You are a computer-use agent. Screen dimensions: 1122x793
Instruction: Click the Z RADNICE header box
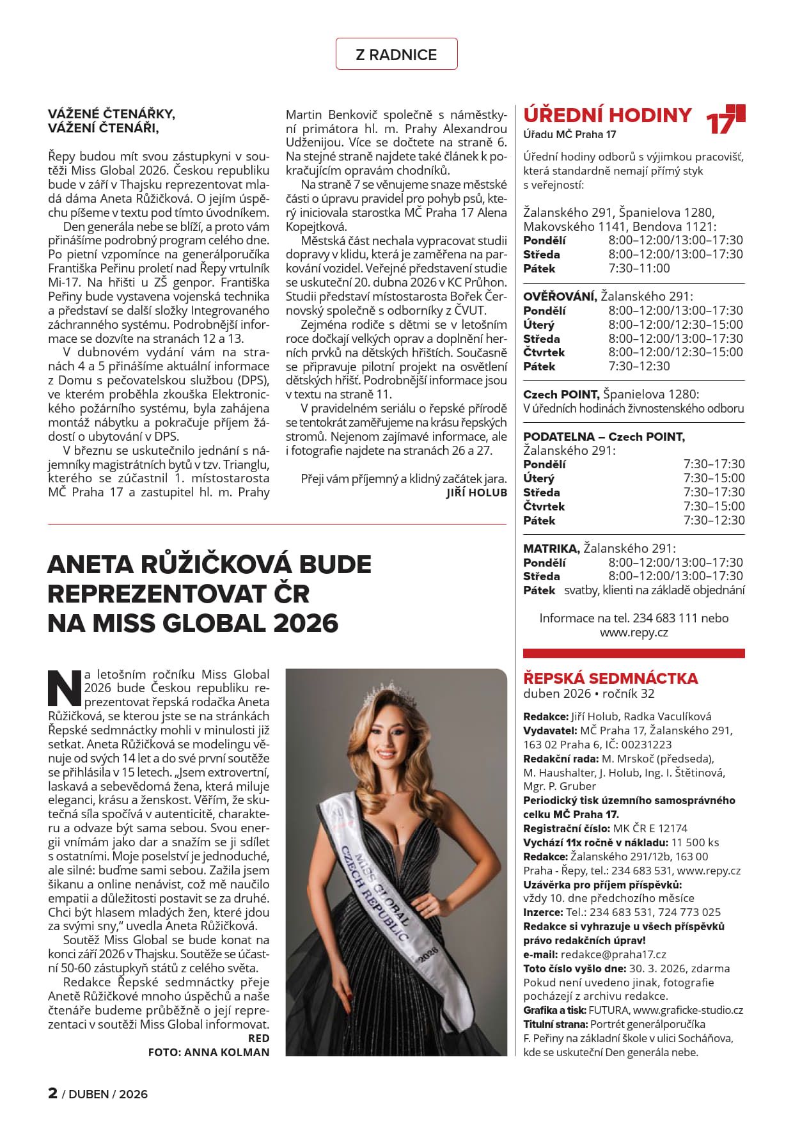(x=396, y=54)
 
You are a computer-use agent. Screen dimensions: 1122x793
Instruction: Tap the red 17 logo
(x=725, y=119)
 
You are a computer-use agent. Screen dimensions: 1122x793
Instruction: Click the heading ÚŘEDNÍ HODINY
(x=607, y=115)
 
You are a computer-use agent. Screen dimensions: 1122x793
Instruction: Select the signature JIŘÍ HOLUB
(x=476, y=493)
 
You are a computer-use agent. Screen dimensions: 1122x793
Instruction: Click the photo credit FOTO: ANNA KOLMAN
(x=208, y=1052)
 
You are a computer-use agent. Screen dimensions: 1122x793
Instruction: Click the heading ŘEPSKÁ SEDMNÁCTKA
(x=610, y=678)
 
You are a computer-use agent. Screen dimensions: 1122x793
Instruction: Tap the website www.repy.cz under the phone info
(x=633, y=632)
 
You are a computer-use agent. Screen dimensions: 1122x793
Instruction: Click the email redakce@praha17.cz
(x=613, y=954)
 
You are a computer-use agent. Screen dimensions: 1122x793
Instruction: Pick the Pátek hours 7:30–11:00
(x=639, y=268)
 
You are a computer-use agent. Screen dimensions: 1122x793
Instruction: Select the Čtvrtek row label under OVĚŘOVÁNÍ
(x=544, y=352)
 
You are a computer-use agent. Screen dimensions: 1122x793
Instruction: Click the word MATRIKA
(x=551, y=548)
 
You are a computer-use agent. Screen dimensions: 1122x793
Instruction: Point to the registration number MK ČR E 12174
(x=650, y=828)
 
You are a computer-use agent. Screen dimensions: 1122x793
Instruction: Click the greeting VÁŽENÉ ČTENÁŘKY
(x=111, y=114)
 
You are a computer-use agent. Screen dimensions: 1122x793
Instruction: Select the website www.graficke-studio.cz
(x=687, y=1010)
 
